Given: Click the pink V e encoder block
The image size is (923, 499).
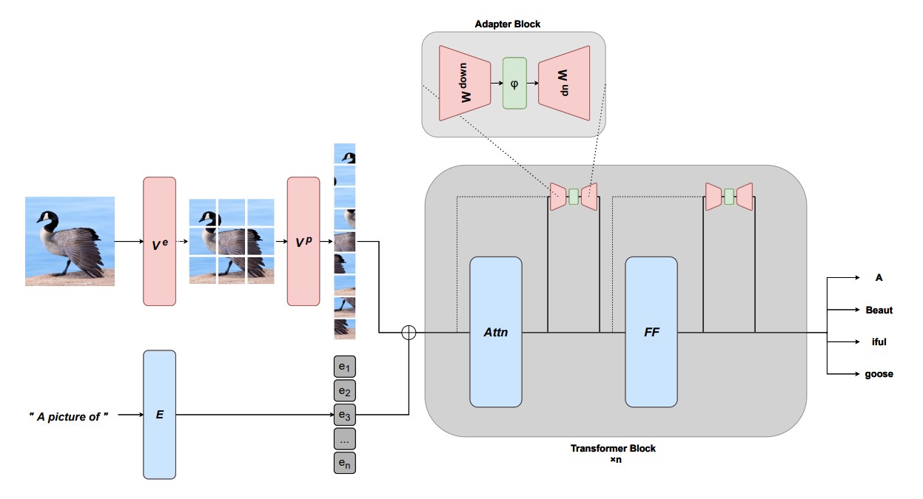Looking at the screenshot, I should tap(159, 241).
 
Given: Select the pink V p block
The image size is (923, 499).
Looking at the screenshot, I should tap(303, 241).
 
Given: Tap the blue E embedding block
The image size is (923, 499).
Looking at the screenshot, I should tap(159, 414).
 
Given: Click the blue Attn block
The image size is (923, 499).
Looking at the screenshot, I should tap(495, 332).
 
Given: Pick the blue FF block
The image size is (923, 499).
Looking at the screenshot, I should tap(651, 332).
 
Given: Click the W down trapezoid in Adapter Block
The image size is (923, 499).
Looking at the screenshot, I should tap(463, 83).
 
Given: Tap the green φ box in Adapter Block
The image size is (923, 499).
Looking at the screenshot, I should tap(514, 83).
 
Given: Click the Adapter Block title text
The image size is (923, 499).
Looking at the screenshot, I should tap(507, 24).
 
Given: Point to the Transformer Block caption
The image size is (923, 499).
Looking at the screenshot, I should tap(613, 449).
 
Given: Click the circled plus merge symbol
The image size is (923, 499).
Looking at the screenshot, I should tap(409, 332).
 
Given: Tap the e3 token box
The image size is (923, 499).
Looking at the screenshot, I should tap(344, 415).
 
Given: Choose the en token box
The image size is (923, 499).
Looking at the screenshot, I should tap(344, 462).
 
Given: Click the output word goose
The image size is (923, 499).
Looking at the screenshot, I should tap(879, 374).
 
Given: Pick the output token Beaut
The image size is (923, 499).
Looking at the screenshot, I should tap(879, 310).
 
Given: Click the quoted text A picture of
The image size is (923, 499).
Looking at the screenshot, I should tap(69, 416).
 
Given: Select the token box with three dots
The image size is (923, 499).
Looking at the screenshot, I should tap(344, 438).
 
